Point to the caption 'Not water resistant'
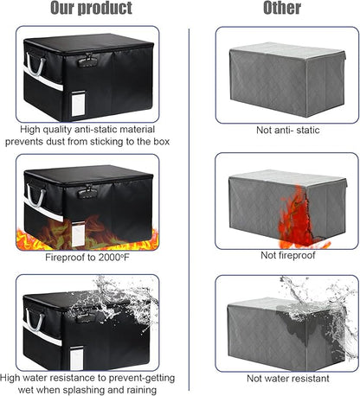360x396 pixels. tap(287, 379)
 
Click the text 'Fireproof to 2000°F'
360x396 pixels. tap(87, 258)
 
